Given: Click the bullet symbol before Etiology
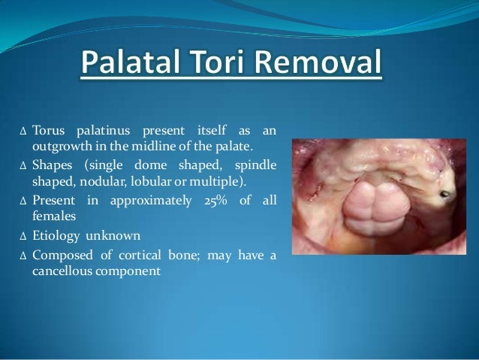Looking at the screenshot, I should (x=23, y=236).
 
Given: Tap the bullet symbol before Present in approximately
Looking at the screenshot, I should (x=23, y=201).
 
